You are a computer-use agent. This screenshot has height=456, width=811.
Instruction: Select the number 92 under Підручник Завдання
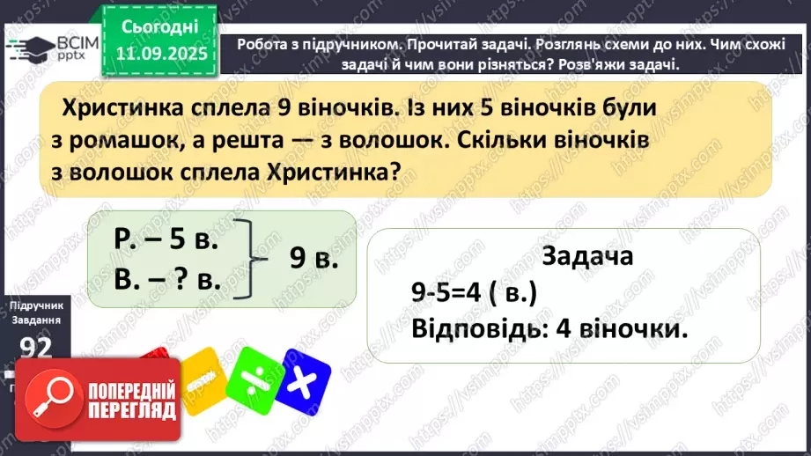38,349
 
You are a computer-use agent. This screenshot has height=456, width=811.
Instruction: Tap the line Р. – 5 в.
166,239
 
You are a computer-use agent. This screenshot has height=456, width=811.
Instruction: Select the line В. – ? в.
166,280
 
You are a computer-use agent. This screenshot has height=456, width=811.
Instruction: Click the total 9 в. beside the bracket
314,259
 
